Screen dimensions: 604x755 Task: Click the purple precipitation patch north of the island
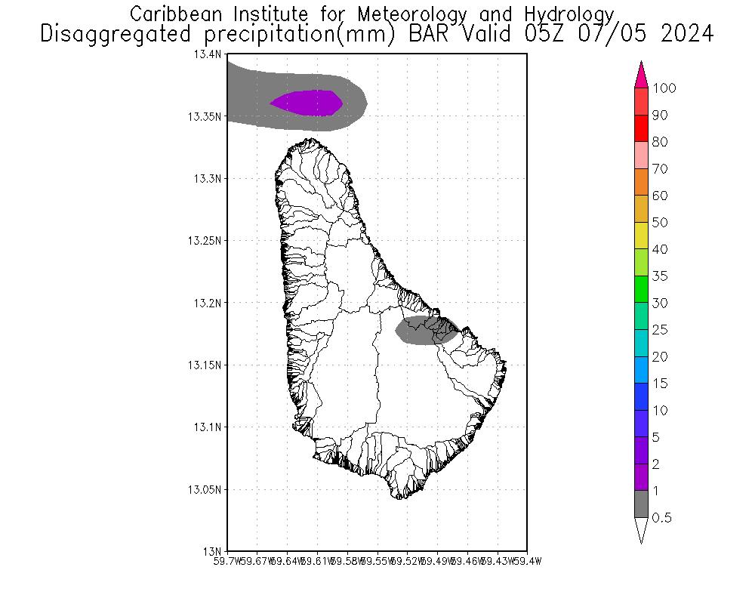(x=307, y=103)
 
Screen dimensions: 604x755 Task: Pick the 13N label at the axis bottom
(x=215, y=550)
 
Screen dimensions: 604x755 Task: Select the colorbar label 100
(x=664, y=88)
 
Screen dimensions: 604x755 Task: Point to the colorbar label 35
(x=660, y=276)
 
